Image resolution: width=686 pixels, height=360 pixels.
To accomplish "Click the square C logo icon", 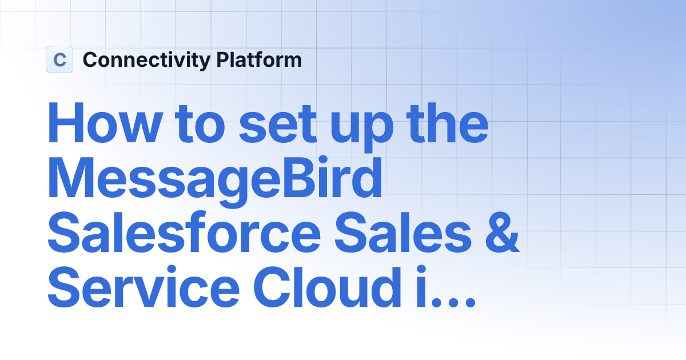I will (59, 59).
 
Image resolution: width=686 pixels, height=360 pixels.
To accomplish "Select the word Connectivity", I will (146, 60).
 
